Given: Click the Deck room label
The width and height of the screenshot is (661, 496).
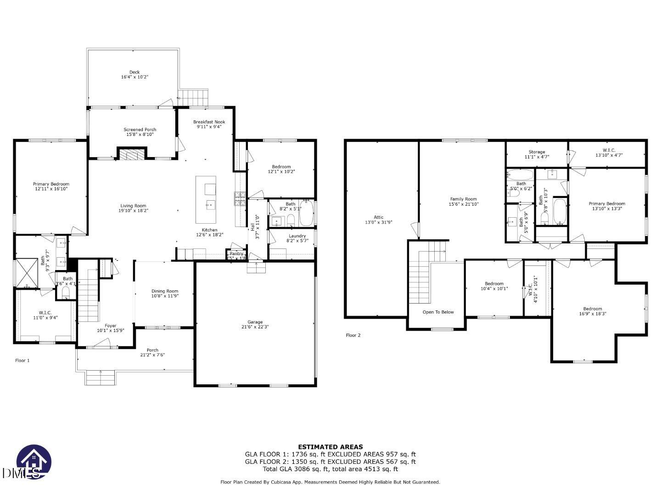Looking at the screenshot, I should [x=134, y=72].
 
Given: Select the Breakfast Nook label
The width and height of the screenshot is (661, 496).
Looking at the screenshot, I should [x=209, y=122].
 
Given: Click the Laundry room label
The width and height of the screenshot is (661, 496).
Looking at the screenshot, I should [x=297, y=236].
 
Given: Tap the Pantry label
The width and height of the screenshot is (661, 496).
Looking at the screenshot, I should [x=236, y=254].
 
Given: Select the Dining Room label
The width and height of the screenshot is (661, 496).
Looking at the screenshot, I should [x=165, y=291].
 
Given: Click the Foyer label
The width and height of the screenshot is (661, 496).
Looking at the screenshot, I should [x=110, y=326].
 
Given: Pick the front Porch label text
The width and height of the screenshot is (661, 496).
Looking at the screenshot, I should [x=152, y=350].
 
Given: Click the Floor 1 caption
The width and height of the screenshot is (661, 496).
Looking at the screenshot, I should [x=22, y=361].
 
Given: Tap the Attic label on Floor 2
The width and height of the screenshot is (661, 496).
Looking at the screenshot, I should [x=378, y=217].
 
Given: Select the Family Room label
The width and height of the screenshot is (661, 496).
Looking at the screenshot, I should [x=463, y=199].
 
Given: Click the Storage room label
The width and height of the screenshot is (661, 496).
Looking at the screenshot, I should [x=537, y=152].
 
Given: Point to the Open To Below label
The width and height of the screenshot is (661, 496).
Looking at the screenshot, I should [x=438, y=312].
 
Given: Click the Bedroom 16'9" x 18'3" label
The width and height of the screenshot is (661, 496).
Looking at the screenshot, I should [x=593, y=309].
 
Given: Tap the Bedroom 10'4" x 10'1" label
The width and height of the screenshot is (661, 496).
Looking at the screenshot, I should [x=494, y=284].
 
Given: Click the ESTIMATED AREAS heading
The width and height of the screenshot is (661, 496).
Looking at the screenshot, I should [x=330, y=446].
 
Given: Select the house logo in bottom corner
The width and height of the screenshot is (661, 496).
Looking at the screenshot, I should [x=34, y=462].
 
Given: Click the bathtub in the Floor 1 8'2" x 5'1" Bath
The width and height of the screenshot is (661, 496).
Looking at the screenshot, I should [x=306, y=213].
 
